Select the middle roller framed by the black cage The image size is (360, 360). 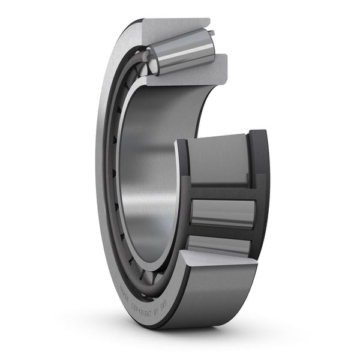pyautogui.click(x=222, y=213)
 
